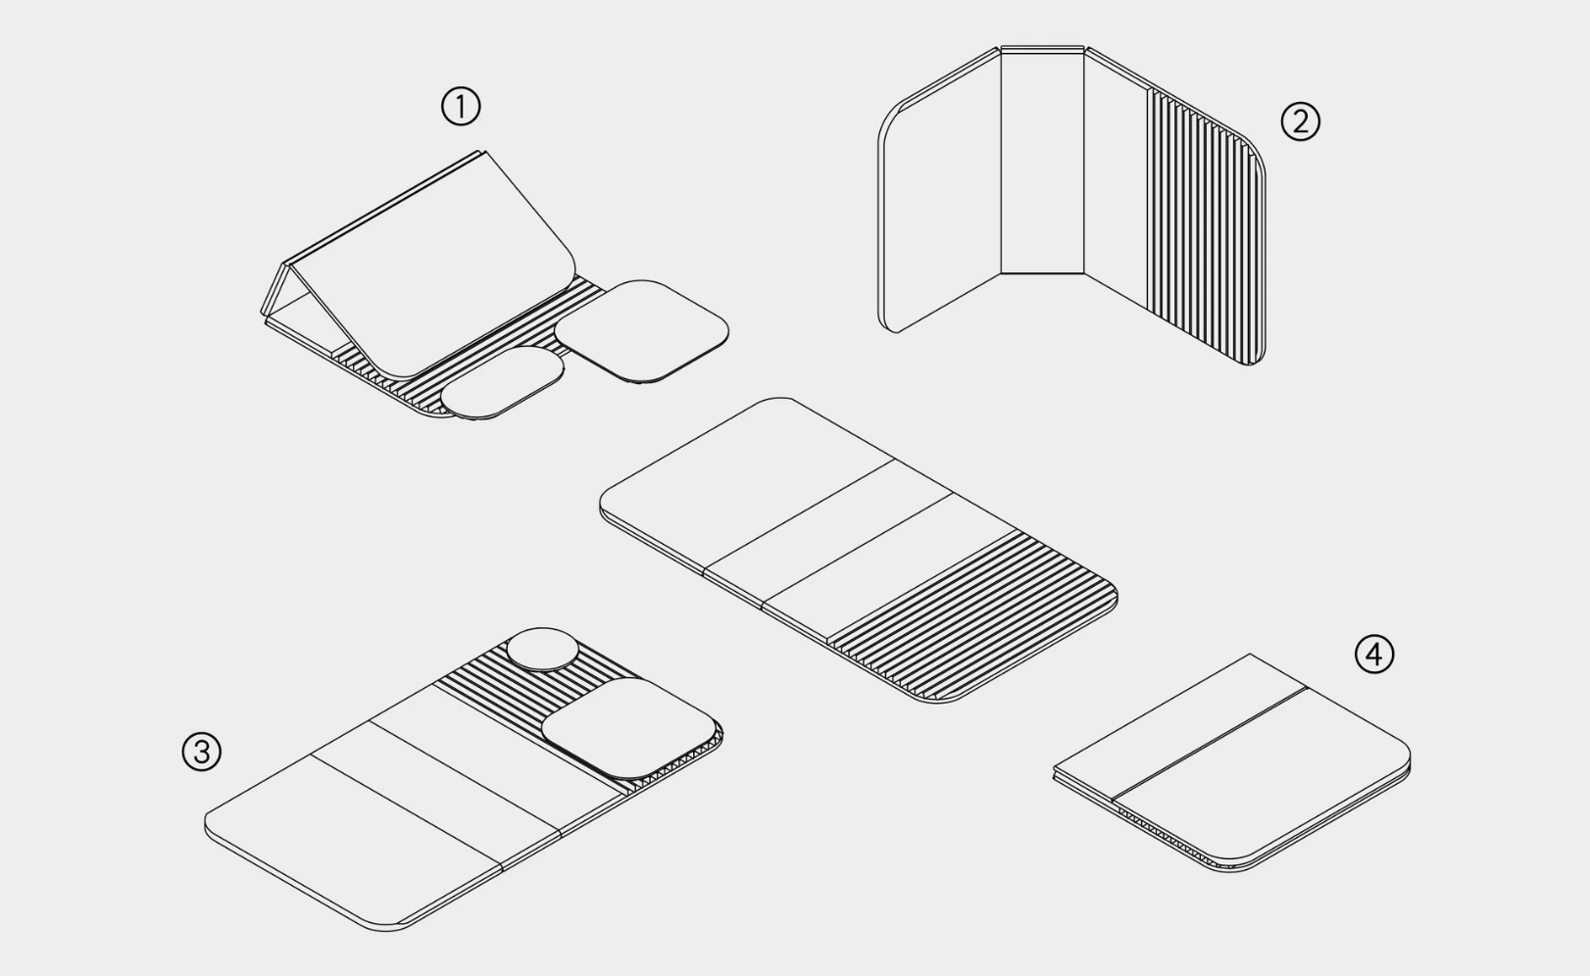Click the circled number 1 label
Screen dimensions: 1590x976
point(461,107)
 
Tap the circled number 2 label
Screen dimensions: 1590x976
point(1300,122)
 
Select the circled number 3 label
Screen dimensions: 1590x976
point(202,751)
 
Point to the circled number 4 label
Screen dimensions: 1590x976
point(1374,654)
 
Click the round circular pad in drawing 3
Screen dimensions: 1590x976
point(543,650)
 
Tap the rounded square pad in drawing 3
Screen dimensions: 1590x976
point(629,728)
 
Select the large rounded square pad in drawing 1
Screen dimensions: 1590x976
point(642,331)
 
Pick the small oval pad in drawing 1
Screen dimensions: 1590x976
point(503,382)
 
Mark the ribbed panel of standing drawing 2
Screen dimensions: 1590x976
point(1206,225)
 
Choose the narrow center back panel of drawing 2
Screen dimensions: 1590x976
point(1042,160)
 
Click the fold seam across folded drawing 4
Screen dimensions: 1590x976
point(1210,741)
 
